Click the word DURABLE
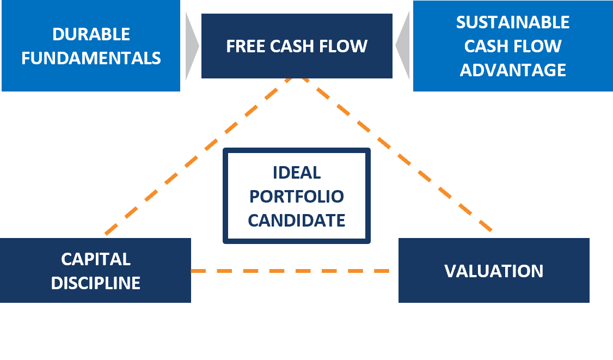(91, 34)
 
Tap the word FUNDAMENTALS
(91, 58)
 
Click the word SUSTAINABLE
(513, 22)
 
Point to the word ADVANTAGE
(513, 70)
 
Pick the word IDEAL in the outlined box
(297, 173)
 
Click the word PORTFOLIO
(297, 196)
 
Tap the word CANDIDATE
(297, 220)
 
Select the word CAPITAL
(96, 259)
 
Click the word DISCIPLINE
(96, 283)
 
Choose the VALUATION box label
(494, 271)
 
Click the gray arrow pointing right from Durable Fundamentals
(191, 46)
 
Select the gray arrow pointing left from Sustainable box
(403, 46)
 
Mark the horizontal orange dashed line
(294, 270)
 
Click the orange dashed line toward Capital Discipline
(196, 158)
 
